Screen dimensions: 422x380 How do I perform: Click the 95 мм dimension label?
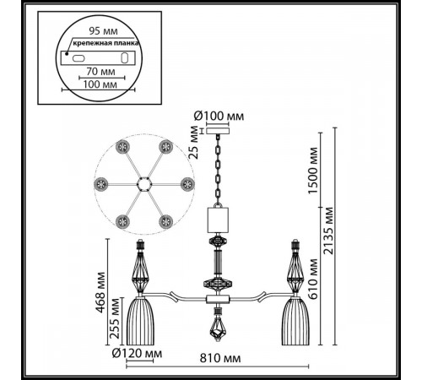click(103, 31)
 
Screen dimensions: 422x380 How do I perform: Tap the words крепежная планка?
click(105, 43)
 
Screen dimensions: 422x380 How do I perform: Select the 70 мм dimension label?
click(100, 72)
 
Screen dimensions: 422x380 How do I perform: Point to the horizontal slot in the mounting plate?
click(78, 58)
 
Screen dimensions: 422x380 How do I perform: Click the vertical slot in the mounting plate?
click(124, 58)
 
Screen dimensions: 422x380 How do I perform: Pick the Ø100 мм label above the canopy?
click(219, 116)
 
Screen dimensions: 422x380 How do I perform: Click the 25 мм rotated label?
click(194, 143)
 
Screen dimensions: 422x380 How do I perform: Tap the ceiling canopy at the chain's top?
click(218, 131)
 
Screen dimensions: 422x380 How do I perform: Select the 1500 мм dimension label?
click(312, 171)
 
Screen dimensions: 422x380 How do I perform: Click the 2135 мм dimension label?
click(328, 231)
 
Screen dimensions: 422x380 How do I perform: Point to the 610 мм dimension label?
click(312, 279)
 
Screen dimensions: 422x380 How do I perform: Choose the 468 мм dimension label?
click(100, 292)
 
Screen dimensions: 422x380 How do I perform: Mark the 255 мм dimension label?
click(115, 318)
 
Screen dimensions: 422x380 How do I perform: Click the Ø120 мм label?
click(137, 353)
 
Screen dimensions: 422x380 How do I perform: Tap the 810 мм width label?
click(220, 358)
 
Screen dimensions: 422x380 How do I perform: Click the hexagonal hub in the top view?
click(144, 184)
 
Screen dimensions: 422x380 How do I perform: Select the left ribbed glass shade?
click(140, 321)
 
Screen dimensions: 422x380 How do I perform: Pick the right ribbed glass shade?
click(295, 321)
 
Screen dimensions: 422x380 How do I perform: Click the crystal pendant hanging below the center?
click(218, 328)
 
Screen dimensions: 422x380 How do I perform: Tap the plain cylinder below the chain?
click(218, 220)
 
